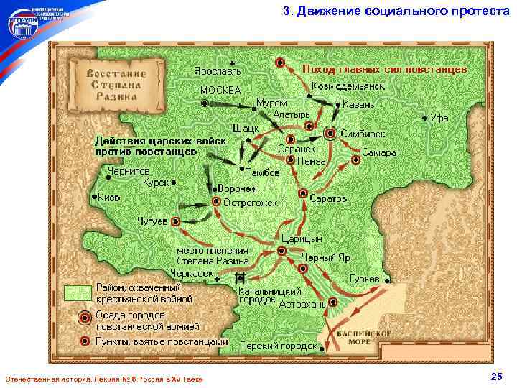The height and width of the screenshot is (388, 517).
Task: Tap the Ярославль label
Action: [217, 71]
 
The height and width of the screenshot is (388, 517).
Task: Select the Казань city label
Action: [358, 104]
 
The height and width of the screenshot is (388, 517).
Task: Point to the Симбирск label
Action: [363, 134]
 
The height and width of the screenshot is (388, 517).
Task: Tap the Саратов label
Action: [330, 197]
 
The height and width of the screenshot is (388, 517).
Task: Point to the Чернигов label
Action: [129, 171]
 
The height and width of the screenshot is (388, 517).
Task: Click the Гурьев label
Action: [364, 278]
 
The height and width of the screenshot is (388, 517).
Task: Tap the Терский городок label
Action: [279, 346]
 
